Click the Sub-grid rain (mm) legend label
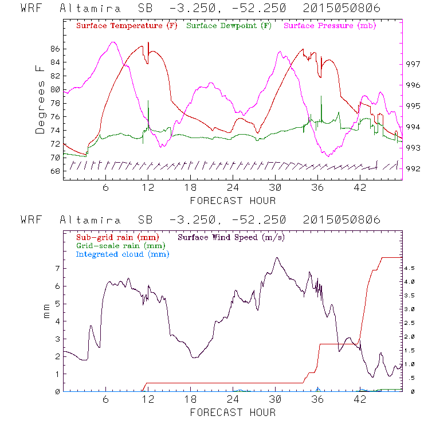click(117, 237)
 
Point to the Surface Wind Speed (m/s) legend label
click(231, 237)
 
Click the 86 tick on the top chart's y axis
click(54, 49)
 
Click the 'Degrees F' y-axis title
click(40, 100)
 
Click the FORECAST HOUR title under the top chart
click(233, 201)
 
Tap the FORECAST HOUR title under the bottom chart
click(233, 413)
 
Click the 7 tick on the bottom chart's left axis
click(57, 268)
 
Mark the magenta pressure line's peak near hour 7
click(113, 42)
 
